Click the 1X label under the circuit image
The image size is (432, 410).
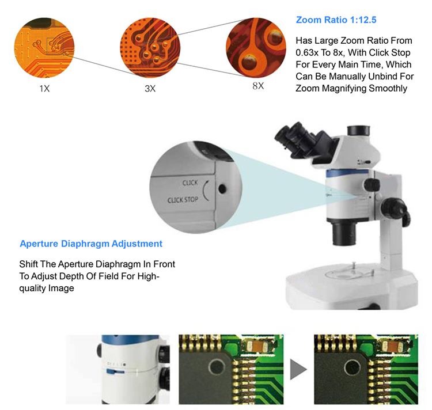tap(44, 89)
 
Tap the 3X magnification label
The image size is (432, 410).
tap(150, 89)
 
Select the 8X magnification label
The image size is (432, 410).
tap(257, 86)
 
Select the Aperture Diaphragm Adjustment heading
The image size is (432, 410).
tap(91, 244)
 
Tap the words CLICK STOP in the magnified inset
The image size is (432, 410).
tap(183, 200)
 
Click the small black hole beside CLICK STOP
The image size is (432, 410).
tap(222, 188)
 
